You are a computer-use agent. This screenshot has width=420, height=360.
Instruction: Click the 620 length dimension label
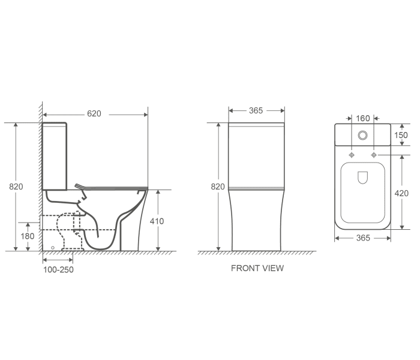click(x=94, y=113)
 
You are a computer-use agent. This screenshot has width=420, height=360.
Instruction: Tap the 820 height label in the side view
click(x=16, y=187)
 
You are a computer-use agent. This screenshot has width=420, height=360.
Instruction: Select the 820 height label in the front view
click(x=218, y=187)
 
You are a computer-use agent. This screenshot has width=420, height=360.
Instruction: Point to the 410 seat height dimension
click(x=157, y=221)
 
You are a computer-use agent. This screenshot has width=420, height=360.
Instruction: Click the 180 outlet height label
click(x=28, y=236)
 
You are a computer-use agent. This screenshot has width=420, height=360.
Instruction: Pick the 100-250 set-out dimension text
click(x=58, y=269)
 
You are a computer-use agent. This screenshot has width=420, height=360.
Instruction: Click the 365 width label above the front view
click(x=256, y=110)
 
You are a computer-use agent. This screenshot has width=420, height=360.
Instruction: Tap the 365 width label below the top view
click(x=363, y=238)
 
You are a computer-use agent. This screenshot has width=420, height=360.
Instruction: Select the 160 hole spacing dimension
click(x=363, y=118)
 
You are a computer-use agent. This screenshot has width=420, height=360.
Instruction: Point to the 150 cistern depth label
click(x=401, y=135)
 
